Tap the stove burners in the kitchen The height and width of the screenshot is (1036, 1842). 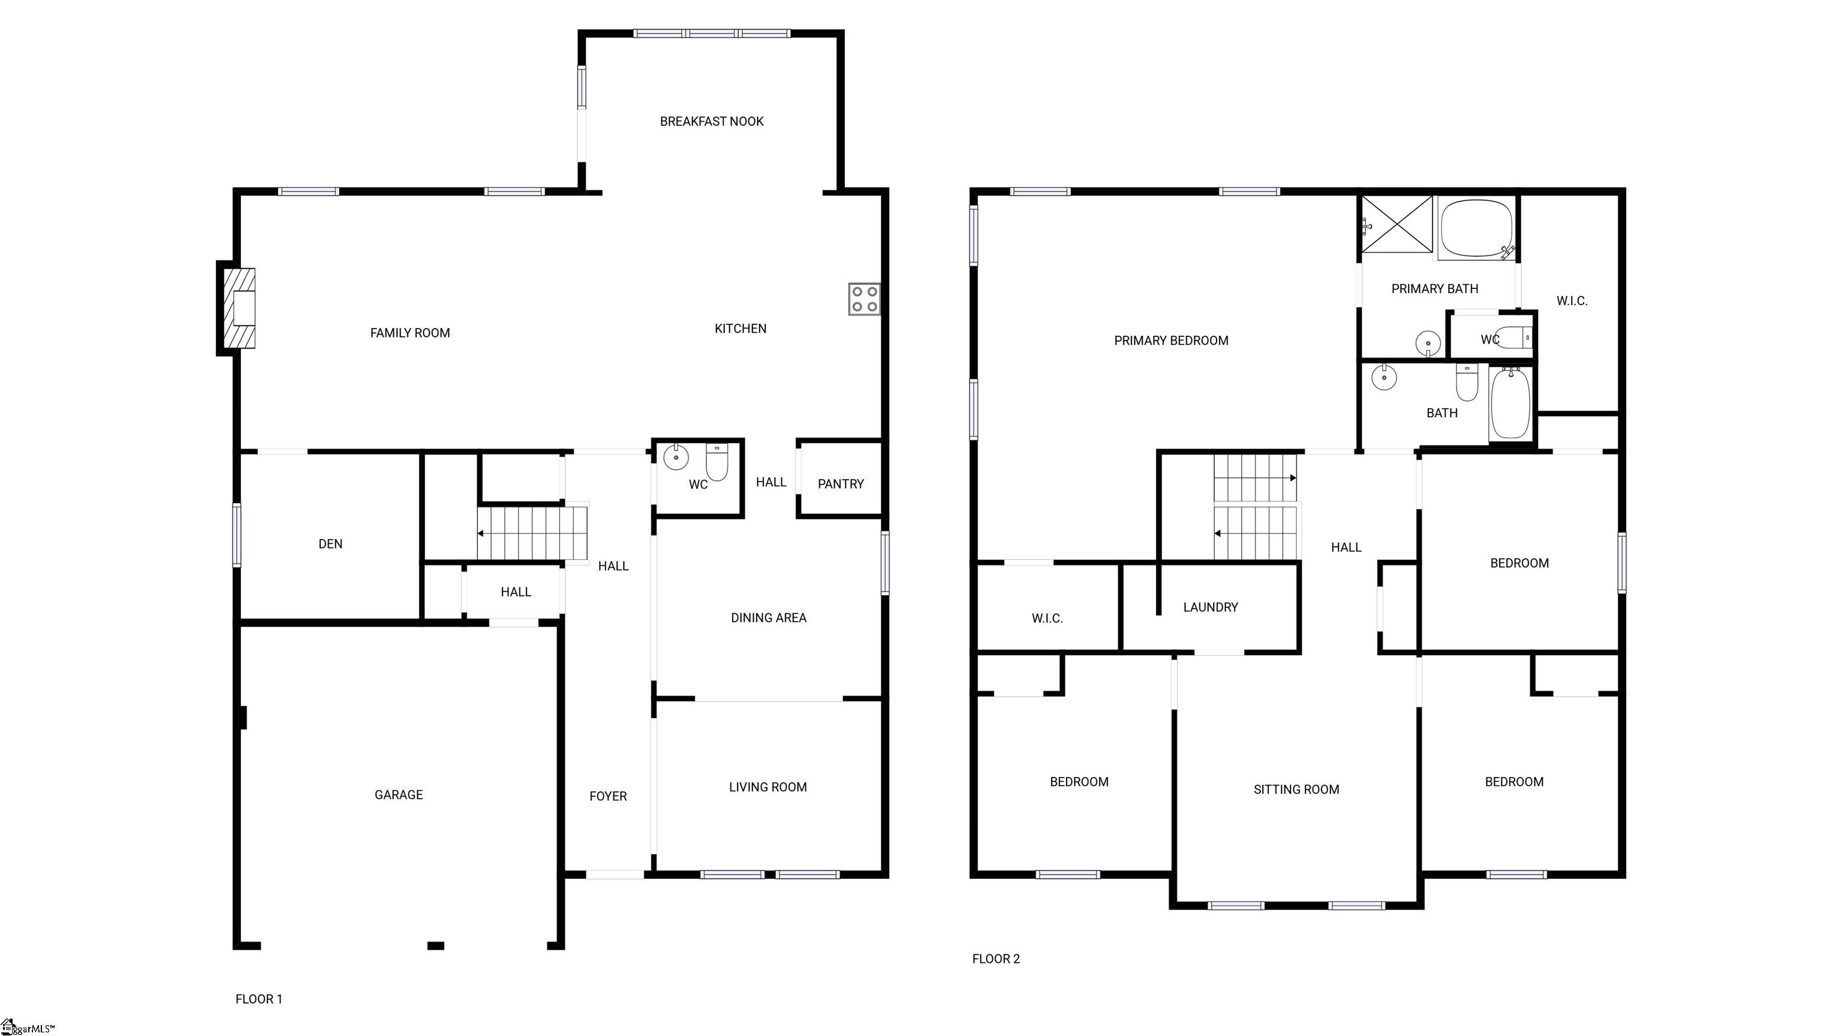pyautogui.click(x=864, y=299)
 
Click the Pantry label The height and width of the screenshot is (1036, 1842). pyautogui.click(x=840, y=484)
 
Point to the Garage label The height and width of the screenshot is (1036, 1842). pyautogui.click(x=398, y=794)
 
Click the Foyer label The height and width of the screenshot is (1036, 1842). pyautogui.click(x=608, y=796)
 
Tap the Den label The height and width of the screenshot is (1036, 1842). pyautogui.click(x=330, y=544)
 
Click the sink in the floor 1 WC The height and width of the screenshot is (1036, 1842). pyautogui.click(x=676, y=456)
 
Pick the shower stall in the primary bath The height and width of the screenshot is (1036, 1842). pyautogui.click(x=1396, y=224)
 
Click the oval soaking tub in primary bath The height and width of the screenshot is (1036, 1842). pyautogui.click(x=1477, y=227)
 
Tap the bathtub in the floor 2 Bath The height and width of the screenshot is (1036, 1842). pyautogui.click(x=1511, y=405)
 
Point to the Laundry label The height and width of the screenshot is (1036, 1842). pyautogui.click(x=1210, y=607)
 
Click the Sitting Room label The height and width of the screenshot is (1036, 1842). pyautogui.click(x=1296, y=790)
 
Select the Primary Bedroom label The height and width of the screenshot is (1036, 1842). pyautogui.click(x=1170, y=341)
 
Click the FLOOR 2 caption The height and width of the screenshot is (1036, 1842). pyautogui.click(x=995, y=959)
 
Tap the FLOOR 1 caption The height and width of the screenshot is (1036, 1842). pyautogui.click(x=259, y=999)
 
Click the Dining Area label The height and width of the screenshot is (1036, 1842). pyautogui.click(x=768, y=618)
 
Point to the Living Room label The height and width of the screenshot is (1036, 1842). pyautogui.click(x=767, y=787)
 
